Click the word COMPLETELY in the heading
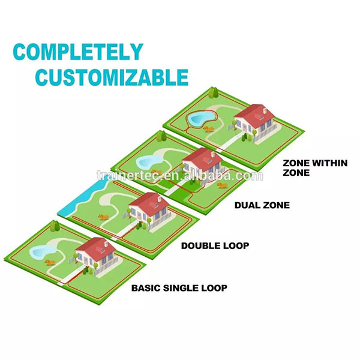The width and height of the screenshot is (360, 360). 78,52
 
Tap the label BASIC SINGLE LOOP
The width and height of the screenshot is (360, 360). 179,287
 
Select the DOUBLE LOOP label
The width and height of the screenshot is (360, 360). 215,245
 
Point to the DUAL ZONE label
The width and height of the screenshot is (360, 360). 262,205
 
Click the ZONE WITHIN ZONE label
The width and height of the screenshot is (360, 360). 315,167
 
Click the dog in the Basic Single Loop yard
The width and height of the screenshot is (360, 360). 50,262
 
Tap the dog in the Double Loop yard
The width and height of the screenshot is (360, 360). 104,217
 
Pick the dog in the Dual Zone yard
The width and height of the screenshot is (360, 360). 222,185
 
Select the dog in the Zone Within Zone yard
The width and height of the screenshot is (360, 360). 209,129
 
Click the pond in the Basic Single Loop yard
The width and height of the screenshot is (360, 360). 41,251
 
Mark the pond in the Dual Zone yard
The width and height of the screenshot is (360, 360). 148,161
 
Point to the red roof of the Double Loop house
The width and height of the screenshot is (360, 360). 149,203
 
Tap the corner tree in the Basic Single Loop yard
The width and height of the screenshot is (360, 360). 55,226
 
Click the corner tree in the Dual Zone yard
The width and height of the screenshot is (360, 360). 161,136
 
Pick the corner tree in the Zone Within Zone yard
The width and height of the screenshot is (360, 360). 214,93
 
